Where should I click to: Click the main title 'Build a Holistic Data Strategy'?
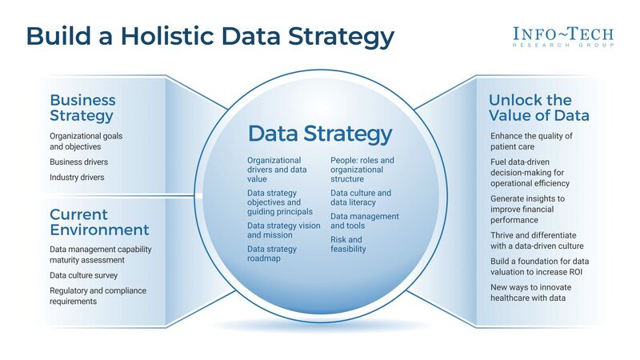(210, 37)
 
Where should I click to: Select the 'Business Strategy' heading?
(82, 108)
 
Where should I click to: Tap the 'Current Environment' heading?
(99, 222)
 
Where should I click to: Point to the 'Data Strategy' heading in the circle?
(320, 133)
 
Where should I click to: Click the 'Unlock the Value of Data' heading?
(539, 108)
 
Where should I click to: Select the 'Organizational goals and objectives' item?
(86, 142)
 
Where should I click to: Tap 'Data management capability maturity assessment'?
(100, 254)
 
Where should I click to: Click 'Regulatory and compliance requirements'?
(98, 296)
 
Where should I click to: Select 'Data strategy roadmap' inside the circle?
(271, 254)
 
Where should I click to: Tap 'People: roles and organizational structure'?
(362, 170)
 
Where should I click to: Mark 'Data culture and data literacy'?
(361, 198)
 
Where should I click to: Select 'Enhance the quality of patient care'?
(531, 142)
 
